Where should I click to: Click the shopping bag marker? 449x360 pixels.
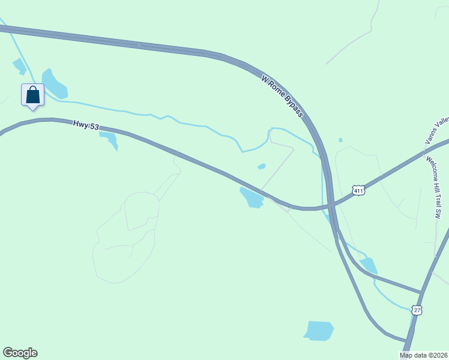click(x=32, y=95)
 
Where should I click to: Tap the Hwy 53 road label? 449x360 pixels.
click(x=85, y=126)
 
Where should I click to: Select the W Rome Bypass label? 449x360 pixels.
click(x=283, y=97)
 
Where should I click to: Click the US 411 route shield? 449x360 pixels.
click(x=358, y=191)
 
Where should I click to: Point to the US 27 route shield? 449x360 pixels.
click(x=417, y=310)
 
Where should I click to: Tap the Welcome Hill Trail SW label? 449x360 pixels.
click(x=433, y=187)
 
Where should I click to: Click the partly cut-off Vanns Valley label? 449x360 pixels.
click(x=437, y=131)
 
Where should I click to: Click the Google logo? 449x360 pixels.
click(x=20, y=353)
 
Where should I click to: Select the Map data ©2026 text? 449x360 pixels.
click(x=423, y=355)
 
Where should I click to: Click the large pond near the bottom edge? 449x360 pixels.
click(x=319, y=331)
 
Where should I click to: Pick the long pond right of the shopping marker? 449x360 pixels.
click(x=53, y=85)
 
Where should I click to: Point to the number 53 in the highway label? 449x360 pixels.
click(x=94, y=127)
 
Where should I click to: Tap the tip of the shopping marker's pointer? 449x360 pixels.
click(x=32, y=110)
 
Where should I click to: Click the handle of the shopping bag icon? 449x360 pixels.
click(x=32, y=89)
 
